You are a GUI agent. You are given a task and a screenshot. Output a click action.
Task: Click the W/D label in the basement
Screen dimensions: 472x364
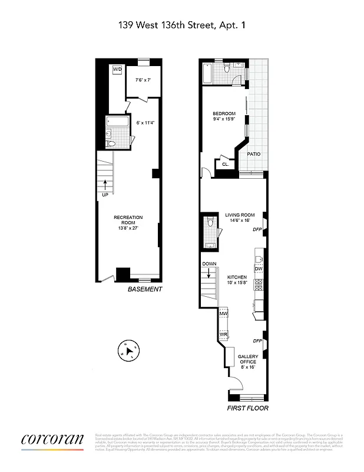tap(117, 70)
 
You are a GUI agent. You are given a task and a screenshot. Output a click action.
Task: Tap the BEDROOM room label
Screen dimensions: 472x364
tap(224, 114)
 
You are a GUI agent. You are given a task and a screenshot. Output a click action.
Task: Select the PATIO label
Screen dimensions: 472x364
tap(254, 155)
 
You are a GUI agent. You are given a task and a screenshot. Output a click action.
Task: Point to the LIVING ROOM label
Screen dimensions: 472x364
tap(240, 215)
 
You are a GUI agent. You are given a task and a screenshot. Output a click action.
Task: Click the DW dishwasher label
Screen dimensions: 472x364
tap(258, 269)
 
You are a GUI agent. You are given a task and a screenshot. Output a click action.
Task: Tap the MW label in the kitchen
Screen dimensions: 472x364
tap(223, 313)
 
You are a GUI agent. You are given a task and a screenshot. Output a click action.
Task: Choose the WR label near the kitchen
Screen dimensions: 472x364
tap(223, 335)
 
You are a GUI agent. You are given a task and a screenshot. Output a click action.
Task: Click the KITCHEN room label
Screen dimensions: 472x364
tap(237, 277)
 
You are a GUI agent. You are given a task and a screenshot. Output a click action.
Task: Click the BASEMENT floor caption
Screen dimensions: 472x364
tap(145, 289)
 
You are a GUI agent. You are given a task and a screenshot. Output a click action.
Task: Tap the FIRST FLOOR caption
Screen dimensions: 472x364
tap(248, 408)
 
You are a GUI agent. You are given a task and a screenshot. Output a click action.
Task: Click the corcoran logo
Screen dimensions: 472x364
tap(52, 440)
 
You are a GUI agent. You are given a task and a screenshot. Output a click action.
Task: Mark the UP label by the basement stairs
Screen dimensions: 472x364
tap(105, 195)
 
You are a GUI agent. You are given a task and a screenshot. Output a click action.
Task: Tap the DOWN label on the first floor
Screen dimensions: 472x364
tap(210, 264)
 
